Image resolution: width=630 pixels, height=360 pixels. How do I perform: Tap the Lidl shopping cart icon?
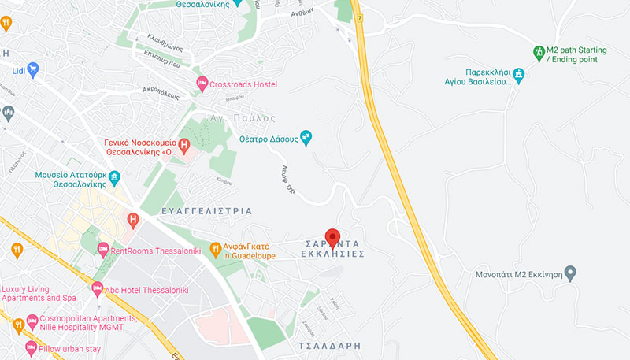click(32, 69)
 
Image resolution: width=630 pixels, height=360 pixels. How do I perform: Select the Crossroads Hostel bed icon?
click(202, 84)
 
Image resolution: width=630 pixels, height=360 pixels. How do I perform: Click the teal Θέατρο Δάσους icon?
click(306, 139)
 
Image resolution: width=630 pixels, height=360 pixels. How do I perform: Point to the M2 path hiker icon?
click(539, 54)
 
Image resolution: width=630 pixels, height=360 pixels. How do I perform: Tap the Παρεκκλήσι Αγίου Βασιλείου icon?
click(518, 76)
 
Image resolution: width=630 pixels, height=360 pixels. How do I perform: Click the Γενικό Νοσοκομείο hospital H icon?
click(183, 145)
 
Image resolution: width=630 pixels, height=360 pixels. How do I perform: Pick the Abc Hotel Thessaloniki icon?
click(97, 289)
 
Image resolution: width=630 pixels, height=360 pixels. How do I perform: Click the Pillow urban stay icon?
click(31, 347)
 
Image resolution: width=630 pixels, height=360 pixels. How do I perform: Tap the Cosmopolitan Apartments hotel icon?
click(31, 321)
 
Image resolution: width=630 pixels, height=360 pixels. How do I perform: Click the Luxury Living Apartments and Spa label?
click(39, 293)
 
